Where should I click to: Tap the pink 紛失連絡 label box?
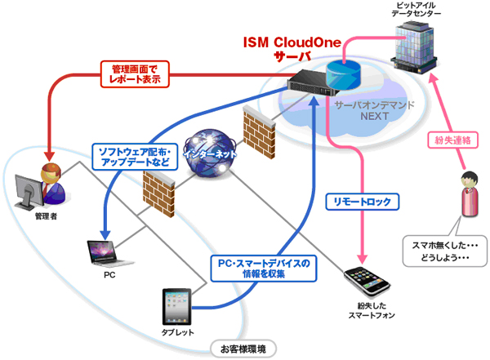(x=448, y=140)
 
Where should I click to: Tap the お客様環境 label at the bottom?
(x=243, y=349)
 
